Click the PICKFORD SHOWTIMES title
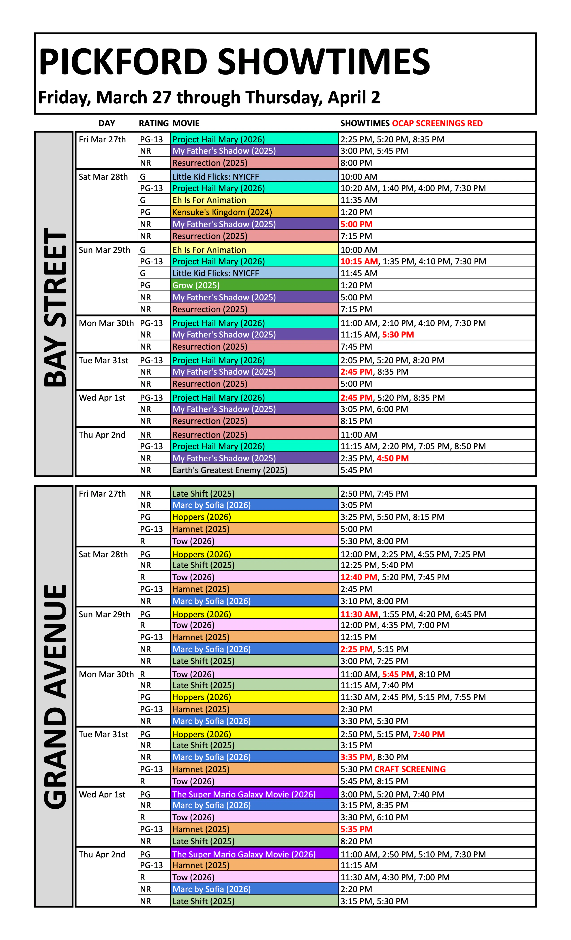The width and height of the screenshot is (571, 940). pyautogui.click(x=234, y=62)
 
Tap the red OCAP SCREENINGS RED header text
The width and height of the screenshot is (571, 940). pyautogui.click(x=437, y=123)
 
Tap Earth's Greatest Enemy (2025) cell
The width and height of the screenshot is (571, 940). pyautogui.click(x=230, y=470)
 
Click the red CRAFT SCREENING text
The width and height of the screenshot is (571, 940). pyautogui.click(x=410, y=769)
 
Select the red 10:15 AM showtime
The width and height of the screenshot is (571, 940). pyautogui.click(x=359, y=261)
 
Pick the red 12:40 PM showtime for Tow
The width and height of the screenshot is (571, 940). pyautogui.click(x=359, y=577)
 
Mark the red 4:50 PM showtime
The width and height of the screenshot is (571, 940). pyautogui.click(x=393, y=458)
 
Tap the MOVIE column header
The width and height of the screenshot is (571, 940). pyautogui.click(x=186, y=123)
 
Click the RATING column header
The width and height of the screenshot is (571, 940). pyautogui.click(x=153, y=123)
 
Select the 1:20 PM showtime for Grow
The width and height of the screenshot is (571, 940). pyautogui.click(x=356, y=285)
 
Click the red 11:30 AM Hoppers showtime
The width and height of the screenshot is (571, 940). pyautogui.click(x=359, y=614)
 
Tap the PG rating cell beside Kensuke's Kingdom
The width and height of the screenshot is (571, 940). pyautogui.click(x=145, y=212)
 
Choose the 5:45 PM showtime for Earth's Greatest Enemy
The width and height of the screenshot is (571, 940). pyautogui.click(x=356, y=470)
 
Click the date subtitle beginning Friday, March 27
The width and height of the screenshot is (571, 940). pyautogui.click(x=209, y=97)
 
